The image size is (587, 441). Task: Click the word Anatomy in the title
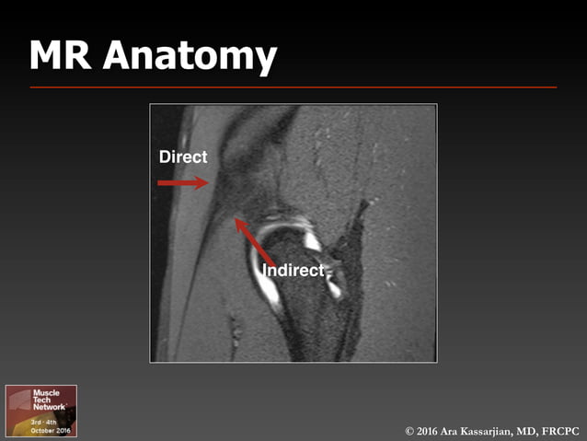pos(190,57)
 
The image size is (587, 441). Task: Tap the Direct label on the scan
pos(183,157)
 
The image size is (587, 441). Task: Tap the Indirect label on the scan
pos(293,270)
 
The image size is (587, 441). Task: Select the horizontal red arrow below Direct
pos(183,183)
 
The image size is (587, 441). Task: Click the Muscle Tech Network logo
pos(41,411)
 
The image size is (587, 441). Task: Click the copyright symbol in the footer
pos(409,431)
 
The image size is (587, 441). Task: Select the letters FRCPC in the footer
pos(559,431)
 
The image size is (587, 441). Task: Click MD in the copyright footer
pos(532,431)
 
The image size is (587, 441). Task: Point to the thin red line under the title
pos(293,87)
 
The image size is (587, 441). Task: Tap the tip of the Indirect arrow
pos(236,218)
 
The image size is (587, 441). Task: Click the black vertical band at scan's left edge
pos(156,230)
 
